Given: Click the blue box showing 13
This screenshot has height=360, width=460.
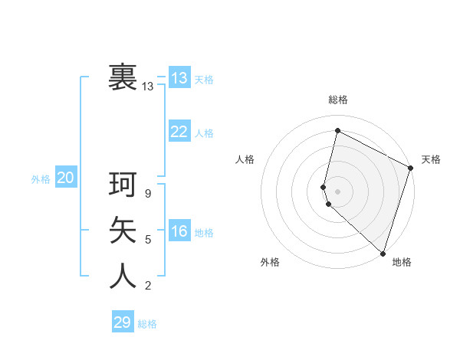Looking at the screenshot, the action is [179, 77].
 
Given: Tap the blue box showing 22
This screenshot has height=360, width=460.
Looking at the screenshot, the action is [179, 132].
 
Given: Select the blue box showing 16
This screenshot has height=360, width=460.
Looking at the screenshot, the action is [179, 231].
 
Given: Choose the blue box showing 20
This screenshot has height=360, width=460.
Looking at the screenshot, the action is [66, 178].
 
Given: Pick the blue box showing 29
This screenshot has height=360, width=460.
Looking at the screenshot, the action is [123, 322].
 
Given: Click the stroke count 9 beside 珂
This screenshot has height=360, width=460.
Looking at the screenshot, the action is [148, 195].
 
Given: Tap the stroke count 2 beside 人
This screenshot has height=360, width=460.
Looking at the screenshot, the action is [148, 286].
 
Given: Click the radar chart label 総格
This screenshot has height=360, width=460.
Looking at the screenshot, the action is [338, 100].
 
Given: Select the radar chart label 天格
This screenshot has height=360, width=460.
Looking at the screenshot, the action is [431, 159].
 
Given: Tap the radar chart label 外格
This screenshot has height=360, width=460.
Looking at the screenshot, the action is [270, 262].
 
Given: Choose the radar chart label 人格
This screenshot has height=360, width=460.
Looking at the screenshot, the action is [245, 159].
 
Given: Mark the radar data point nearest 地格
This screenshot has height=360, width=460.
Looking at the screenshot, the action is [383, 253].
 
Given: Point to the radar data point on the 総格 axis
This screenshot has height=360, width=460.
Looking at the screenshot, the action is [337, 130].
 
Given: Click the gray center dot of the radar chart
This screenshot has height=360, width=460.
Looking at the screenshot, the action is [337, 191].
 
